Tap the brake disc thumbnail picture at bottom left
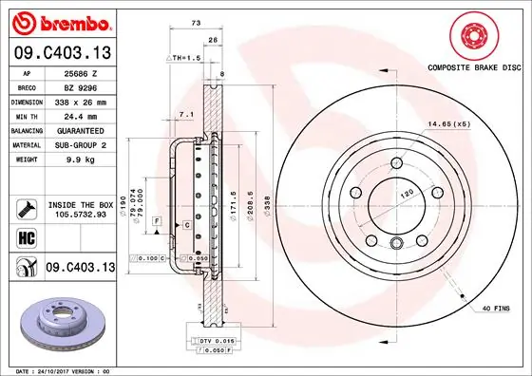coord(58,324)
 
